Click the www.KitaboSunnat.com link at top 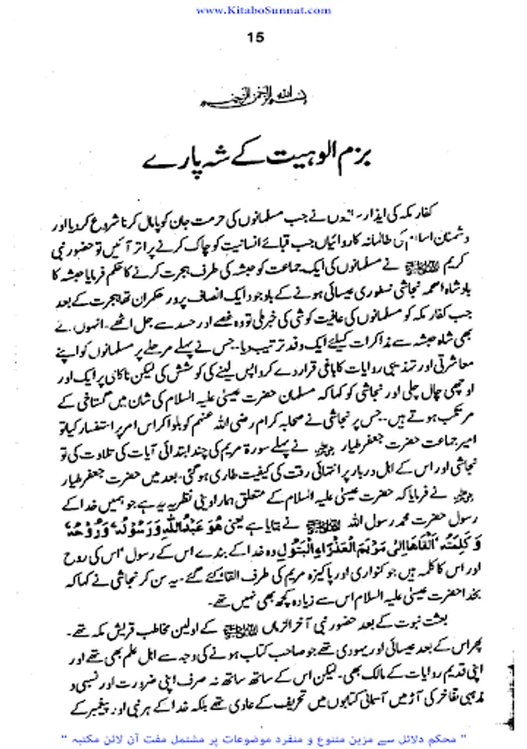[x=263, y=9]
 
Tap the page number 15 [x=256, y=37]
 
